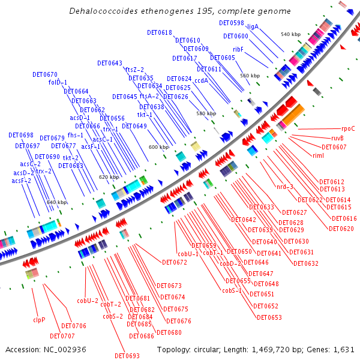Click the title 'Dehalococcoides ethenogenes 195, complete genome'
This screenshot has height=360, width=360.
click(180, 11)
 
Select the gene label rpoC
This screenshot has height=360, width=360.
click(348, 128)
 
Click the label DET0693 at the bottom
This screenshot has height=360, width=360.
click(127, 356)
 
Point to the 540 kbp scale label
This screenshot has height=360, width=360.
click(290, 34)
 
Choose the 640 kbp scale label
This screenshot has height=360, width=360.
click(57, 202)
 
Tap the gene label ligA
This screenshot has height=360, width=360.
click(253, 26)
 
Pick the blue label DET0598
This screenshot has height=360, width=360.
click(232, 23)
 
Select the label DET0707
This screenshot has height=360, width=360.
click(62, 336)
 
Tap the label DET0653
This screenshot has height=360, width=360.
click(269, 317)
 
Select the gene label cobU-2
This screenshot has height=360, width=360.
click(87, 300)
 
